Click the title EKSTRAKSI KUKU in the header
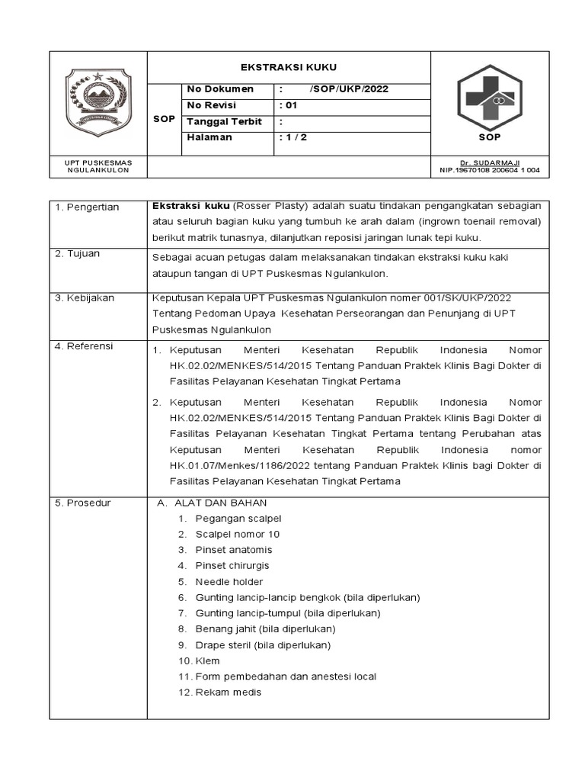[x=289, y=67]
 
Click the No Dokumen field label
[x=220, y=89]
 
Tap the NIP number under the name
[x=490, y=170]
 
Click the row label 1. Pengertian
[x=87, y=207]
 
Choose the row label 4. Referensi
[x=84, y=346]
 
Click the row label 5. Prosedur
[x=82, y=503]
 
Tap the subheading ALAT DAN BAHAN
[x=220, y=503]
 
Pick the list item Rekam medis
[x=229, y=693]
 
